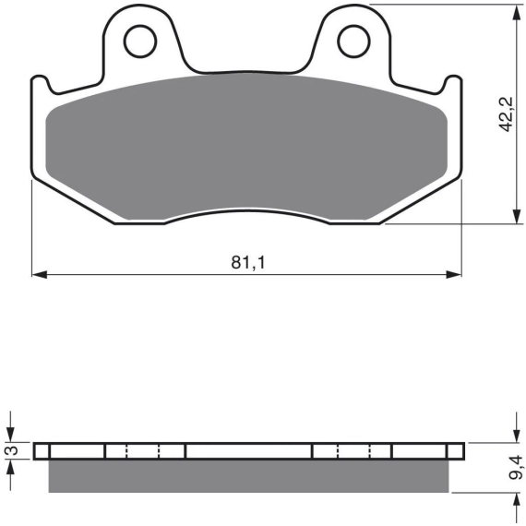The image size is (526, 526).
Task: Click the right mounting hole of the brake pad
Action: (353, 42)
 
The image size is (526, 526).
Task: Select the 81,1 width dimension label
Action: (248, 263)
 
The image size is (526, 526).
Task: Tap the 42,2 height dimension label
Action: (506, 114)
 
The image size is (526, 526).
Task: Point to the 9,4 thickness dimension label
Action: (515, 467)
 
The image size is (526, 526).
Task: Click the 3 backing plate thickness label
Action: (12, 451)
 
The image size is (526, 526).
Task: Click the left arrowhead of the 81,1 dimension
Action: (40, 274)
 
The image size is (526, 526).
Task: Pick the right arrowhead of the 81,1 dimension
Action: (454, 274)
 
